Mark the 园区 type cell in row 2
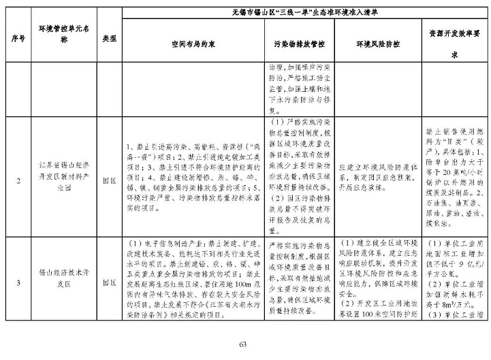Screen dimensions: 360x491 [x=108, y=180]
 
